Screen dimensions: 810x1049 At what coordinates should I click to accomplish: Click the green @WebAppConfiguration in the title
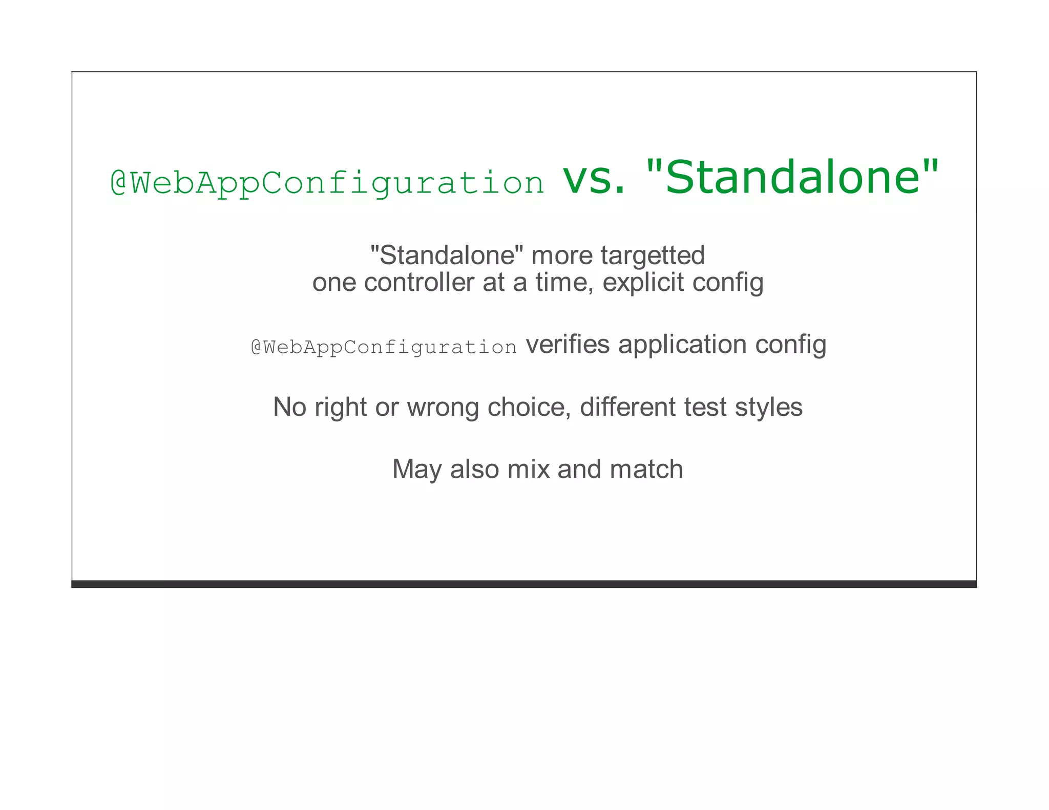coord(327,183)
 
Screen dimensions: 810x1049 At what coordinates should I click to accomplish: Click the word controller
coord(419,282)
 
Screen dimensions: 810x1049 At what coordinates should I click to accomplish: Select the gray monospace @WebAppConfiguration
coord(384,347)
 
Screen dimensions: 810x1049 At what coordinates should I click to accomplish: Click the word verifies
coord(568,344)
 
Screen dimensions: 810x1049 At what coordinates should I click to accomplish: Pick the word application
coord(682,344)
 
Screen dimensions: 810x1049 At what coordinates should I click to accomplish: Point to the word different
coord(627,407)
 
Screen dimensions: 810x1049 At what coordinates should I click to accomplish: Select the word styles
coord(768,407)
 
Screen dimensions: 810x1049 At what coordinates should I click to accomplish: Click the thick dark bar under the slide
coord(524,584)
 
